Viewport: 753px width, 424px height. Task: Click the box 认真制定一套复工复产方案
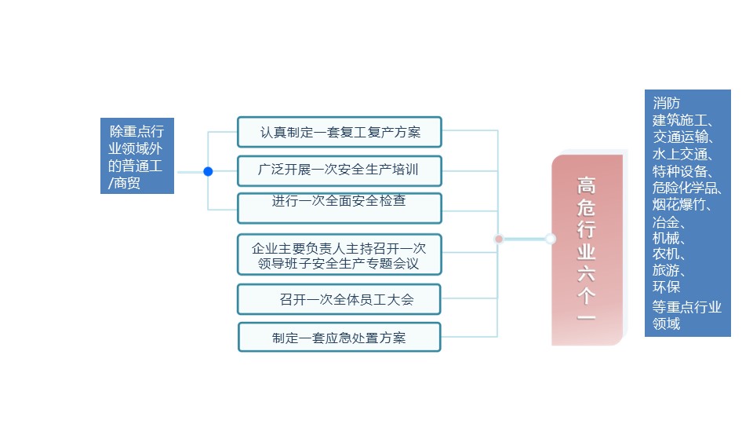pos(339,132)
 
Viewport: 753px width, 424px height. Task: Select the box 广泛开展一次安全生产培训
pos(339,170)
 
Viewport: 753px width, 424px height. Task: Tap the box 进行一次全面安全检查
pos(339,207)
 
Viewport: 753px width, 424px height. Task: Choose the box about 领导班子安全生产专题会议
pos(339,254)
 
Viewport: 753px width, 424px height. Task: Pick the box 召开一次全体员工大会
pos(339,299)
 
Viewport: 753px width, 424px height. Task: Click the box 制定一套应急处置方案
pos(339,338)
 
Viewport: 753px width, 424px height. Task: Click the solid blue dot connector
pos(208,171)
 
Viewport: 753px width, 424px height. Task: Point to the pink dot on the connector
pos(499,239)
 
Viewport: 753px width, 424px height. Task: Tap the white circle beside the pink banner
pos(551,239)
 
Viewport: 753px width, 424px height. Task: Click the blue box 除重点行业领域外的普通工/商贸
pos(136,157)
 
